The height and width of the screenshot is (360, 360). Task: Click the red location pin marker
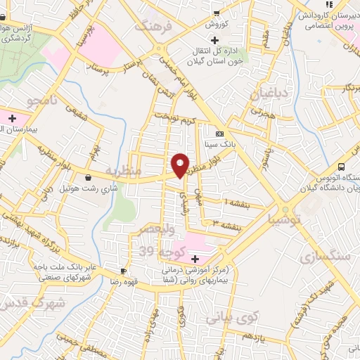pyautogui.click(x=180, y=165)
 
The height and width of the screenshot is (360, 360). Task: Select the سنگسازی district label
pyautogui.click(x=324, y=257)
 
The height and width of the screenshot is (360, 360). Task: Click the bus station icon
pyautogui.click(x=341, y=167)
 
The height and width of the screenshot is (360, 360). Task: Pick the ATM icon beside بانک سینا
pyautogui.click(x=219, y=134)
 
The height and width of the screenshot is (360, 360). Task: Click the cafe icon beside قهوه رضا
pyautogui.click(x=124, y=271)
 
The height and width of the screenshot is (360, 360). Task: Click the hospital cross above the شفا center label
pyautogui.click(x=195, y=259)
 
